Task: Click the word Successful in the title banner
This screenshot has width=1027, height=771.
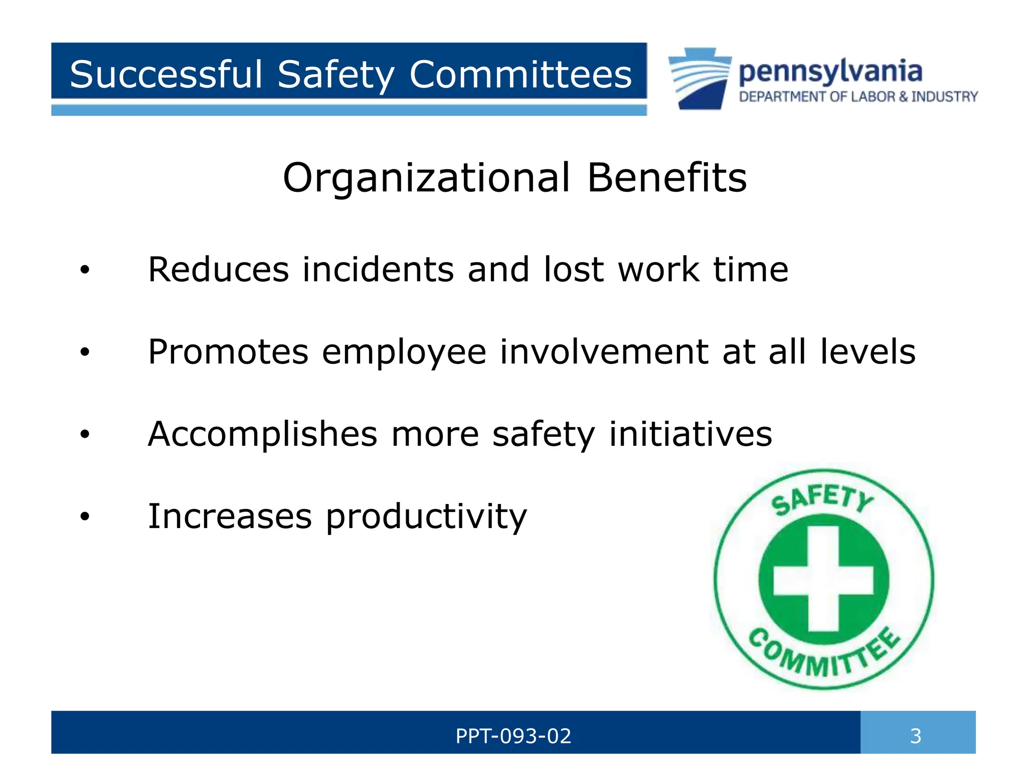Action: tap(166, 74)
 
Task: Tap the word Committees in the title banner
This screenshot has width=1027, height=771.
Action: tap(520, 74)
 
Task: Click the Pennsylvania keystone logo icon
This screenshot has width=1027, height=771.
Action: tap(699, 78)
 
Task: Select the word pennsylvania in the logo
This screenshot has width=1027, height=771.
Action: tap(830, 72)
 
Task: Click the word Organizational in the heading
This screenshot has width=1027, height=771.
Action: tap(426, 178)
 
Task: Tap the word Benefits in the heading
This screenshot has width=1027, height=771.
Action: tap(667, 178)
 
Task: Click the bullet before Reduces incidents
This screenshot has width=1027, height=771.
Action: tap(85, 270)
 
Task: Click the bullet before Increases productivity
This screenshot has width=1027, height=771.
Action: tap(85, 517)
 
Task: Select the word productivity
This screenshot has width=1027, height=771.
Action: tap(426, 517)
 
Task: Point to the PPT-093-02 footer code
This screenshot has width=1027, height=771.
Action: tap(513, 736)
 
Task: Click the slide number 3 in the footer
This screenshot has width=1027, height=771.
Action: tap(916, 736)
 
